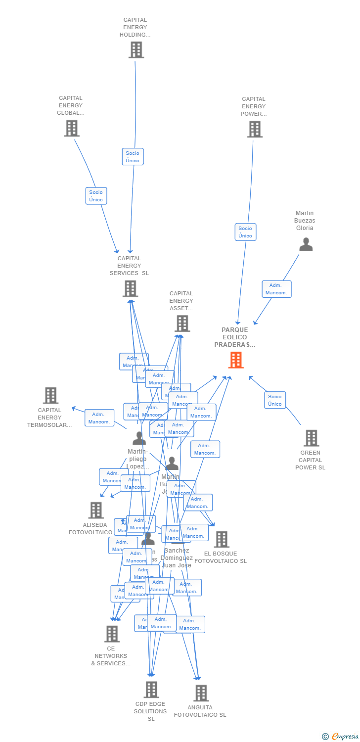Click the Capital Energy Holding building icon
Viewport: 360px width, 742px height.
click(136, 50)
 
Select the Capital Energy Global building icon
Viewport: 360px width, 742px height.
click(72, 129)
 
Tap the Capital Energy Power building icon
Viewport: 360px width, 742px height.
click(255, 129)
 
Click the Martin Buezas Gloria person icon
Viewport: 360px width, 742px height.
click(306, 244)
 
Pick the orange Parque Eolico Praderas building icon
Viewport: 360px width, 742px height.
click(236, 360)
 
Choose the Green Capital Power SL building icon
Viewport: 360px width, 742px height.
click(311, 438)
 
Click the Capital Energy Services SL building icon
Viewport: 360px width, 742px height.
click(130, 288)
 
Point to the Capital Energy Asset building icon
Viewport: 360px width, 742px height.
click(182, 324)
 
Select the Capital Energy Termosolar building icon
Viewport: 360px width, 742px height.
click(50, 396)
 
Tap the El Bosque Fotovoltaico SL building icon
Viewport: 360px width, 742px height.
click(221, 539)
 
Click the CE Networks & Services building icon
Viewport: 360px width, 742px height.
click(112, 634)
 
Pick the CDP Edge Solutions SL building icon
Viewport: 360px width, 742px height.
click(151, 690)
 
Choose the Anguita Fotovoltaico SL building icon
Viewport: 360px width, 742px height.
click(200, 693)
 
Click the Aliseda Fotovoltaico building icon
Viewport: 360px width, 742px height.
click(95, 510)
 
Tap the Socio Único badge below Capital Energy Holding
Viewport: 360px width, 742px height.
click(133, 157)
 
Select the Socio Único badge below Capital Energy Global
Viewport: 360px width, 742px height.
click(96, 196)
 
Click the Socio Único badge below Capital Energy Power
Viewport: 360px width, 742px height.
click(245, 232)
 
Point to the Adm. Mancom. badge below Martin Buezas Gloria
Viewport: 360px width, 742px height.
click(276, 289)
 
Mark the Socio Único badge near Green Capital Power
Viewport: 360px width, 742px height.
click(275, 400)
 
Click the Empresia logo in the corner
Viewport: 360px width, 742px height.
click(341, 737)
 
